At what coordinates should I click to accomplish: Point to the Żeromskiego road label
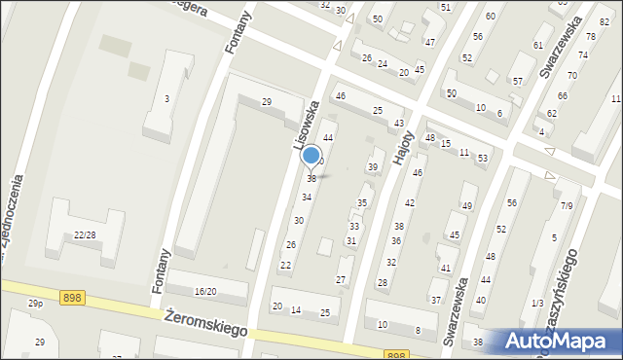pyautogui.click(x=204, y=322)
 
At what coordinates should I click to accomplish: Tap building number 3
pyautogui.click(x=167, y=98)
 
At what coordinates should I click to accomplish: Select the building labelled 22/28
pyautogui.click(x=85, y=234)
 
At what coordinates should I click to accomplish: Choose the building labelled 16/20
pyautogui.click(x=204, y=292)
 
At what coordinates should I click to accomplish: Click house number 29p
pyautogui.click(x=35, y=304)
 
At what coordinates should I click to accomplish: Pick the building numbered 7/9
pyautogui.click(x=567, y=205)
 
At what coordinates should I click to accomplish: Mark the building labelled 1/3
pyautogui.click(x=537, y=303)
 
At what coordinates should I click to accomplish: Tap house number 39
pyautogui.click(x=372, y=167)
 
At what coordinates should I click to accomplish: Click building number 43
pyautogui.click(x=399, y=124)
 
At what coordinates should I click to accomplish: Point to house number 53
pyautogui.click(x=482, y=158)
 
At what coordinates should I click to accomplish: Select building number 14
pyautogui.click(x=296, y=310)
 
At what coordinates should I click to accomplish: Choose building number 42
pyautogui.click(x=410, y=203)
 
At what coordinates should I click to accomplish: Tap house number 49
pyautogui.click(x=467, y=205)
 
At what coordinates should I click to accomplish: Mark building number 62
pyautogui.click(x=551, y=113)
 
